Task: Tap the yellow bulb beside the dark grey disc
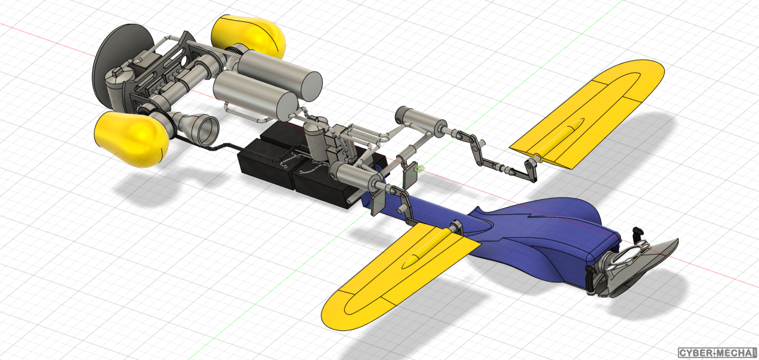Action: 248,36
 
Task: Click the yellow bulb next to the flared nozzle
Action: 132,139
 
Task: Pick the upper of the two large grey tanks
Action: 279,75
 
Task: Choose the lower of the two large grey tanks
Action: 255,95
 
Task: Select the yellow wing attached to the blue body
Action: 400,275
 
